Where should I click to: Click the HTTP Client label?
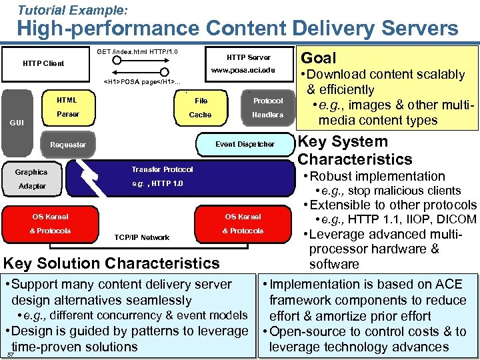pos(43,63)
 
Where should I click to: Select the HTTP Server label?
pos(248,57)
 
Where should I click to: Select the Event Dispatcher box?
pos(245,144)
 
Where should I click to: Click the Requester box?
pos(68,145)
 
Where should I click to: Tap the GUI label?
pos(17,123)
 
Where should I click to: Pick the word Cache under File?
pos(200,115)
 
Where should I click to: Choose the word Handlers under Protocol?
pos(267,115)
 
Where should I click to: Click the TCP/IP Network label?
pos(142,237)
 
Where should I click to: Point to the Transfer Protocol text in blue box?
pos(162,169)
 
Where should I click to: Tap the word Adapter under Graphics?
pos(31,186)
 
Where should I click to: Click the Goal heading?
pos(319,58)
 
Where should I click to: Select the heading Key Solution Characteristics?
pos(112,263)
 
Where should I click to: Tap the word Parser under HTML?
pos(68,115)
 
